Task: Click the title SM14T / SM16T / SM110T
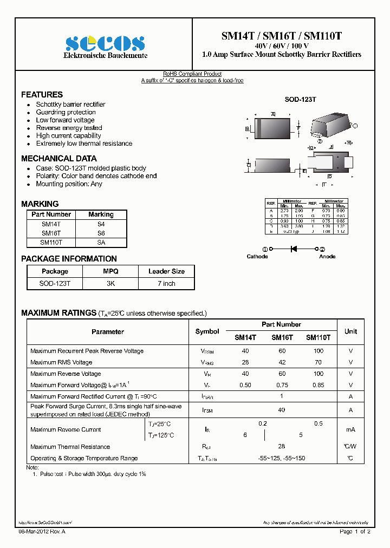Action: [281, 37]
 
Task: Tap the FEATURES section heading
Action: [42, 94]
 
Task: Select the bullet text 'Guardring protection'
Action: [66, 112]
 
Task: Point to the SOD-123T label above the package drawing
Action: [300, 100]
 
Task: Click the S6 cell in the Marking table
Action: [101, 233]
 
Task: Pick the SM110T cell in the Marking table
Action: [51, 243]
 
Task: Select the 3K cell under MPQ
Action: [110, 283]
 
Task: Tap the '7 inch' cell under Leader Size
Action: [166, 283]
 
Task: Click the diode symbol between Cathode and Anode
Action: [295, 249]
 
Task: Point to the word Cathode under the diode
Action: [257, 257]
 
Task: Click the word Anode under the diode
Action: [327, 257]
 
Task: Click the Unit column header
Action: [350, 331]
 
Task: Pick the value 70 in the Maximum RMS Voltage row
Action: [318, 362]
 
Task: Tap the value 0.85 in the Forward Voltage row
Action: [318, 385]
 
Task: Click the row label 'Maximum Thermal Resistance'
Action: [70, 447]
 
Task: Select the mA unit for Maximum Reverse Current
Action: [350, 429]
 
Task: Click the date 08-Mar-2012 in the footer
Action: [37, 532]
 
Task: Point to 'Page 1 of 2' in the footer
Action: [355, 532]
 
